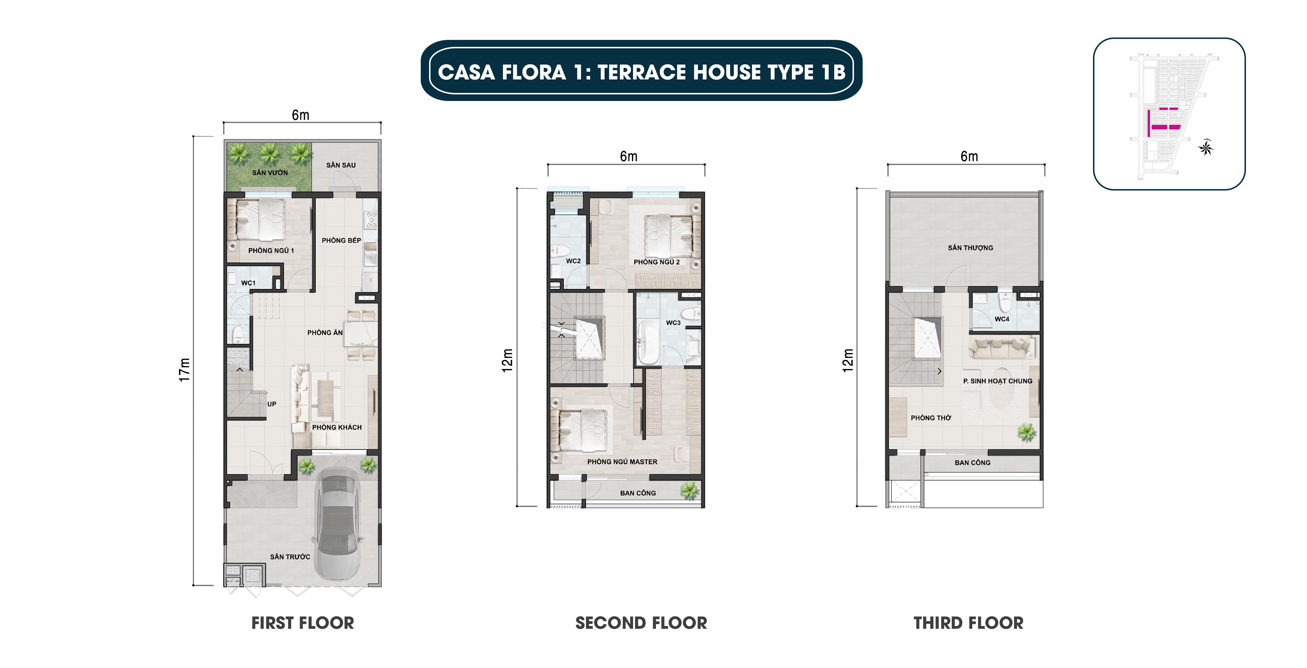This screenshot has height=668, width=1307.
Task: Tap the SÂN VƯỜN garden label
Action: [270, 172]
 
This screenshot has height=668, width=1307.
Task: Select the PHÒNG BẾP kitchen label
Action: [341, 240]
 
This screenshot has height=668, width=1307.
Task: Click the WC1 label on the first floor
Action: [248, 283]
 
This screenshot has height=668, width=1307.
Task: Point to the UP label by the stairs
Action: [272, 404]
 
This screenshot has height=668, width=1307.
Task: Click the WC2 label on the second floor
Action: [573, 261]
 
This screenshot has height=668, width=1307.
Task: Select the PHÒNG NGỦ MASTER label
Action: [622, 462]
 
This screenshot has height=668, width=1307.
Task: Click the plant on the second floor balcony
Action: [689, 490]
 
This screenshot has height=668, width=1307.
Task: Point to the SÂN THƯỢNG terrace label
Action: [970, 248]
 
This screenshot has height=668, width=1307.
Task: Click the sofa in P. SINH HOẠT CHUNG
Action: [1001, 348]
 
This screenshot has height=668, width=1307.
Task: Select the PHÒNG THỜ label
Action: [931, 418]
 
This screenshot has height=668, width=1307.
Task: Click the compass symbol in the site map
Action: [1206, 148]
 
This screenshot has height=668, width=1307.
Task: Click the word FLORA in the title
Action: [534, 72]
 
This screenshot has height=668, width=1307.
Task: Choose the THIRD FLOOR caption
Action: [968, 623]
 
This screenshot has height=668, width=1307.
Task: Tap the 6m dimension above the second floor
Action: [628, 157]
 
